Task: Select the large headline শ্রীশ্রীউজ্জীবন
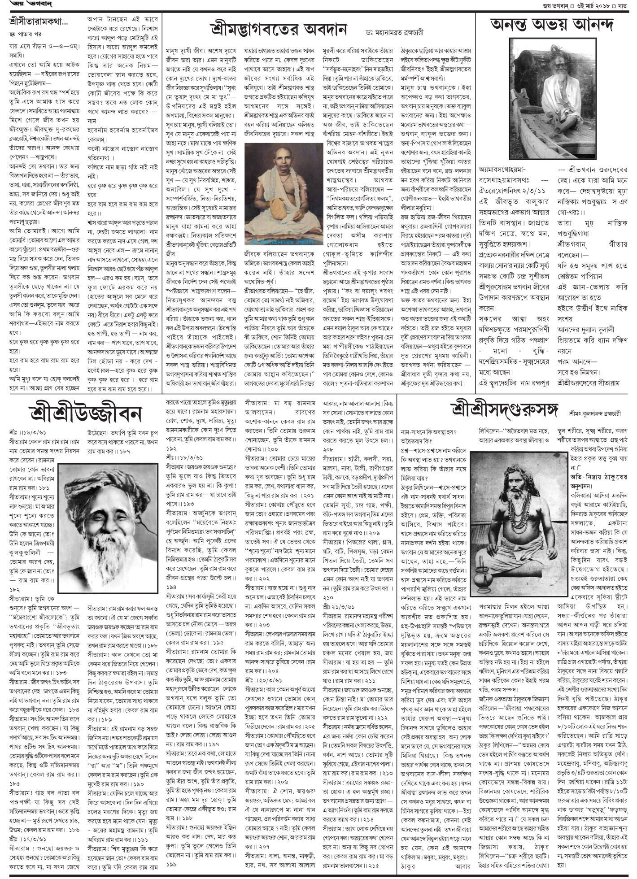pos(79,410)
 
